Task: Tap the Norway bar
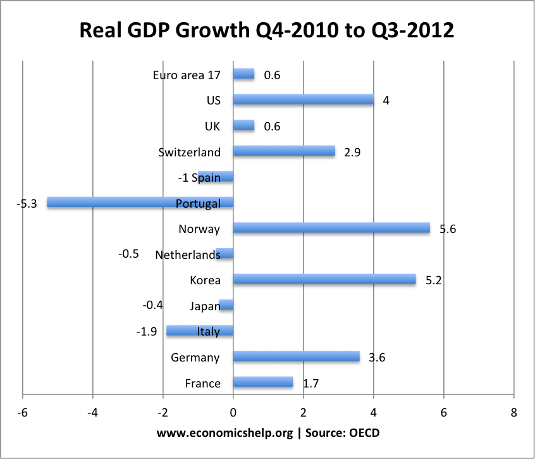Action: (331, 228)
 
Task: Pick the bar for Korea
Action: (324, 279)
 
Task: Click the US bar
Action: (304, 100)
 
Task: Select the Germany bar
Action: (296, 356)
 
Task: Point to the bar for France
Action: (263, 382)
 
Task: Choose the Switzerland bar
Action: (284, 151)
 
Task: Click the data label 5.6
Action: (448, 229)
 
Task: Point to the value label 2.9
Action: (353, 153)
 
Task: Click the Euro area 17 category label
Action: (187, 75)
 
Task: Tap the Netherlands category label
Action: (187, 255)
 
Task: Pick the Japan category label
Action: (205, 306)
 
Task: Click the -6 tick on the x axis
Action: (23, 413)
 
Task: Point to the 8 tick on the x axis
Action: (513, 413)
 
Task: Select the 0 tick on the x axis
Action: (233, 413)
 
